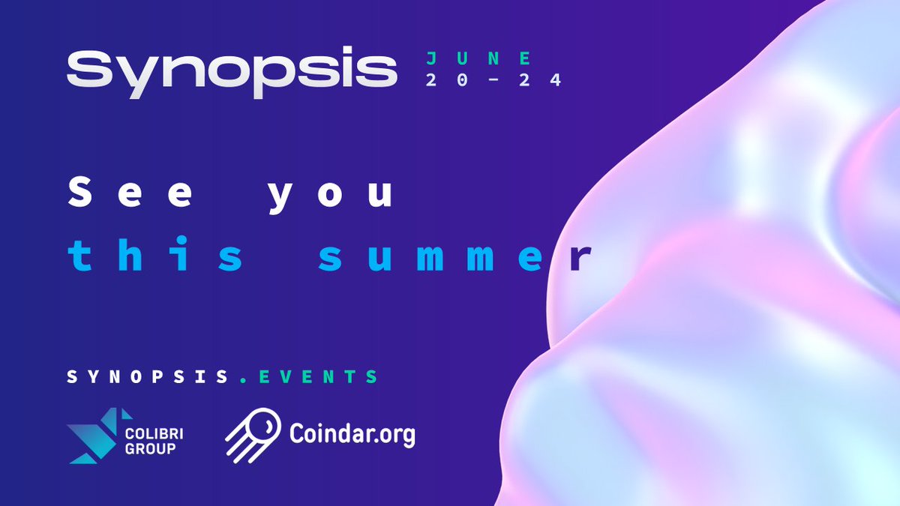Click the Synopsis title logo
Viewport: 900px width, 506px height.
[x=231, y=70]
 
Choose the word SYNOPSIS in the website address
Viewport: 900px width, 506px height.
[x=146, y=376]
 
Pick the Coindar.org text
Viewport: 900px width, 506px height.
[x=352, y=434]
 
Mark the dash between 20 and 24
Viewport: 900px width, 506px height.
[x=491, y=80]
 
